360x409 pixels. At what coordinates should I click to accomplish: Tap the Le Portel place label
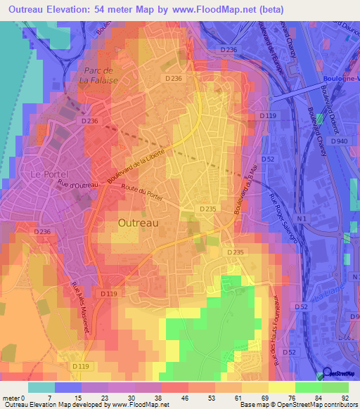[x=46, y=174]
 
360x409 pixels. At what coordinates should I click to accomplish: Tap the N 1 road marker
[x=301, y=220]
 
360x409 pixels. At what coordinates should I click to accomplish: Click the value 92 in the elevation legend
[x=344, y=398]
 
